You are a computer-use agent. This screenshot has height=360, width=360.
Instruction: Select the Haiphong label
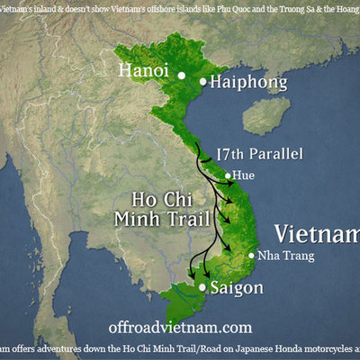[248, 83]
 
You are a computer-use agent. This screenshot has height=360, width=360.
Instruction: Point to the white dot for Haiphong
[203, 83]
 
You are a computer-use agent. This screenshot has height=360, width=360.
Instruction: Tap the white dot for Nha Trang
[252, 255]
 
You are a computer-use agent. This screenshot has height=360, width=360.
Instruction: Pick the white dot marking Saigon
[203, 288]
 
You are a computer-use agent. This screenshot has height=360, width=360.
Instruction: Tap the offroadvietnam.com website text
[179, 328]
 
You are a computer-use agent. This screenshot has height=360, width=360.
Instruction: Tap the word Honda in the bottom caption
[271, 352]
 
